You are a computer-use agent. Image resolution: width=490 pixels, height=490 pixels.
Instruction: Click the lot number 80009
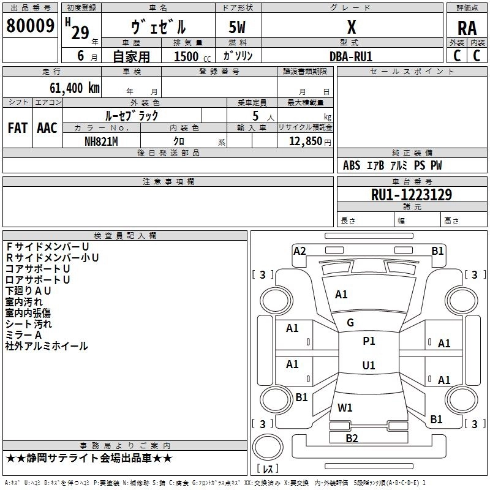30,26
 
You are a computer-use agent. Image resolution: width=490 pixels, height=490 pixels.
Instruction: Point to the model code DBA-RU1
351,56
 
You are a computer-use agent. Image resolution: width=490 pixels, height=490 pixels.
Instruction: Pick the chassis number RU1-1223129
412,195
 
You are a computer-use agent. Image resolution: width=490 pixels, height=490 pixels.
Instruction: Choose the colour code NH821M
102,141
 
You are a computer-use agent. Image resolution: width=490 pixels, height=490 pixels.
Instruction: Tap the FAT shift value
18,128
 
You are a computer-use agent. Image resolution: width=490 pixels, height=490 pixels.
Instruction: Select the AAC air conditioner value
47,128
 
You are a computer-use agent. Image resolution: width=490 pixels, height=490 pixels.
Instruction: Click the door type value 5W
238,27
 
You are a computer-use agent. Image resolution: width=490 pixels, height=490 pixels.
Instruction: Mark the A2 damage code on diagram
300,251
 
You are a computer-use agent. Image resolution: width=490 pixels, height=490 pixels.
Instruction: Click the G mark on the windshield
350,323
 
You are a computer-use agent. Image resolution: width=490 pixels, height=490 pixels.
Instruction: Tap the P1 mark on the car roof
369,341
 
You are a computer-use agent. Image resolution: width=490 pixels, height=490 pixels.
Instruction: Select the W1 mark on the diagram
345,407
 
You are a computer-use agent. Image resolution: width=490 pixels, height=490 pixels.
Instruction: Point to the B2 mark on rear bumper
352,438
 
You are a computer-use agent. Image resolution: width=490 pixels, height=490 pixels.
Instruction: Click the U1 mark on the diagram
369,366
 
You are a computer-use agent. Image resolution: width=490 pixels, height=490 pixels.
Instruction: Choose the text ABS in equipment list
352,165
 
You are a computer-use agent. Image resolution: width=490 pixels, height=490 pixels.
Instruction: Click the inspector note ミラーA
23,335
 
